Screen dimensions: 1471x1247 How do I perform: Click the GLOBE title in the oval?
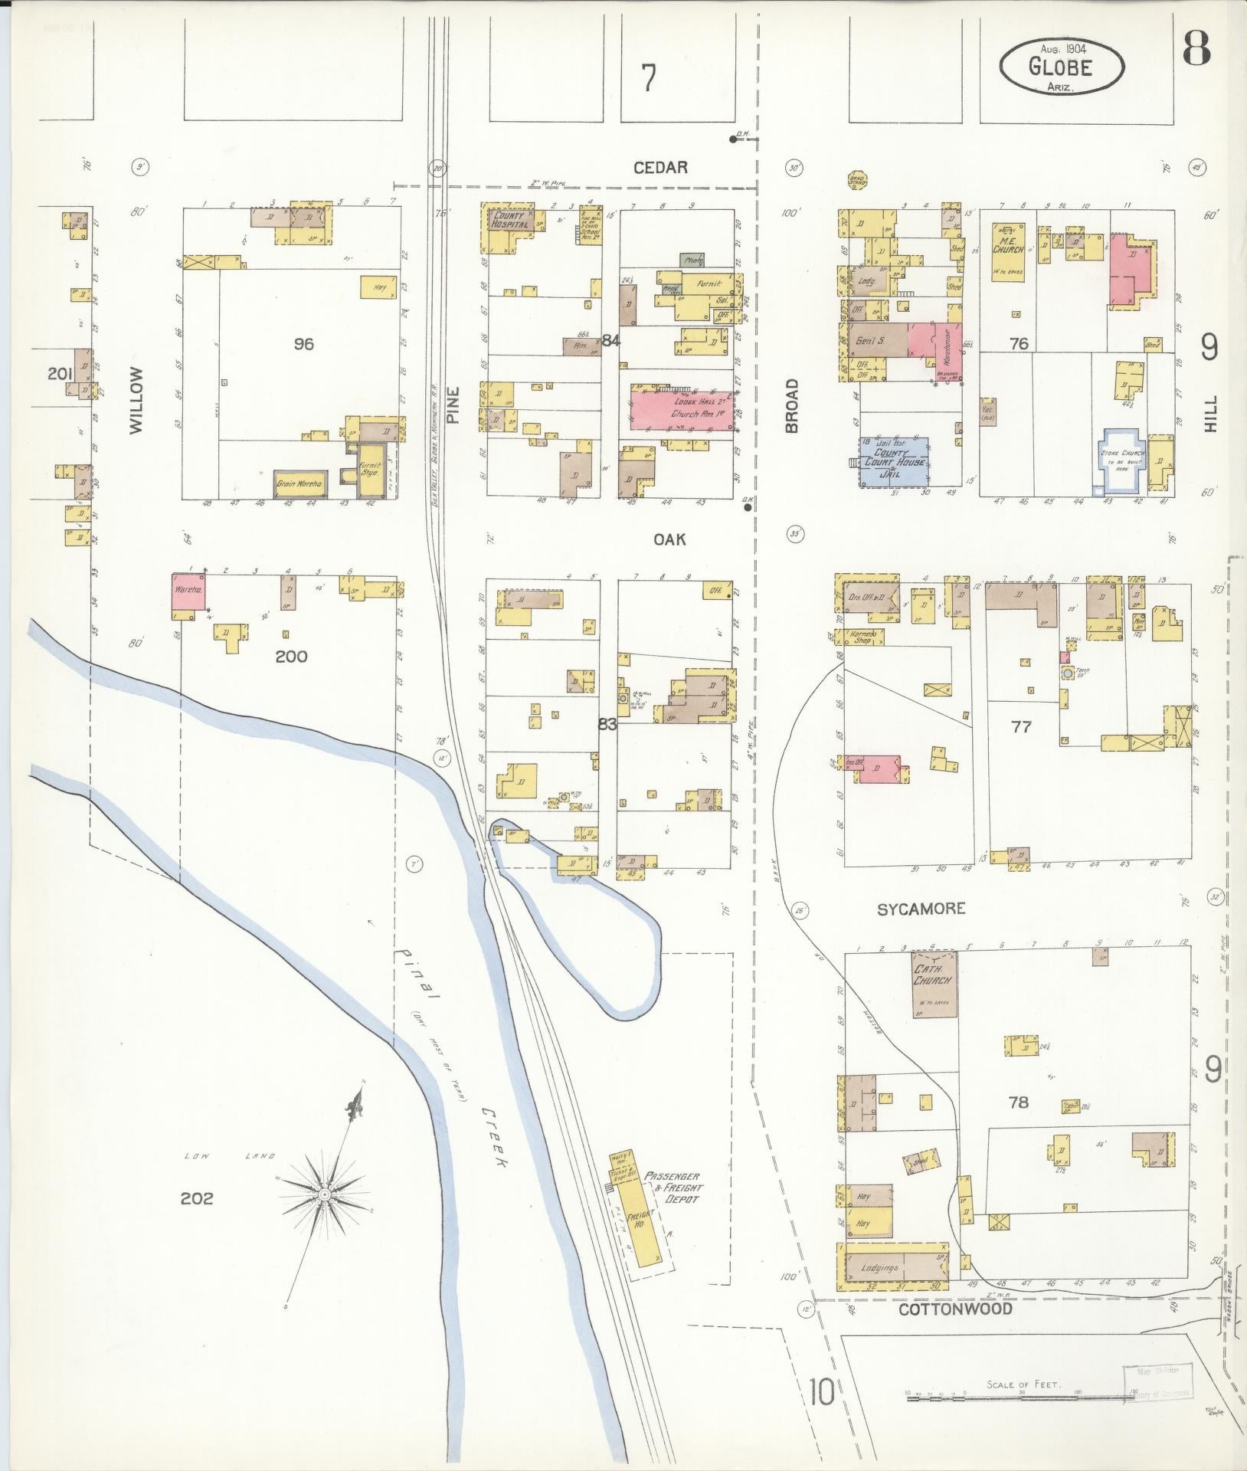[1061, 67]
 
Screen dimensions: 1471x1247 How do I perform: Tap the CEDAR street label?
[661, 167]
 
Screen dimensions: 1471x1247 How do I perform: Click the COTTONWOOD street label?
[955, 1309]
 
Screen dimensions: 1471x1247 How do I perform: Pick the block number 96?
[303, 344]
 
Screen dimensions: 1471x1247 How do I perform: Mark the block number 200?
[291, 656]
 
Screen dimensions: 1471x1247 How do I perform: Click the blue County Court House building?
[894, 463]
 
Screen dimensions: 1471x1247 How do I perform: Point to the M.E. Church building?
[1008, 251]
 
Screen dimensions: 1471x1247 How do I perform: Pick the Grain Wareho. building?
[299, 484]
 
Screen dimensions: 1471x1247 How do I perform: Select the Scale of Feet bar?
[1021, 1398]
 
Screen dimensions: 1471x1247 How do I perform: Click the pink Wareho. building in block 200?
[188, 592]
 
